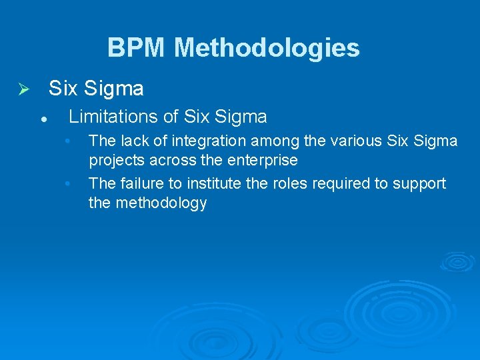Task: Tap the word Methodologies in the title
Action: (267, 48)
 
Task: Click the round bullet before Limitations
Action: (42, 119)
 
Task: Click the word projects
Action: (117, 161)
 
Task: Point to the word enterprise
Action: (263, 161)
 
